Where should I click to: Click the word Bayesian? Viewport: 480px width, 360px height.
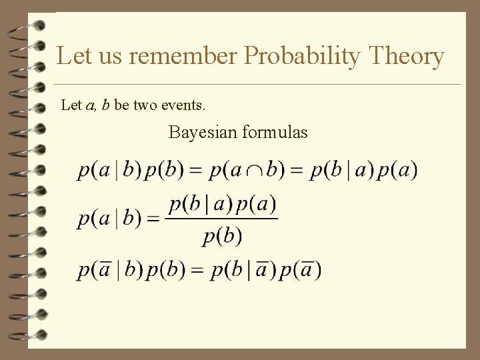(x=203, y=132)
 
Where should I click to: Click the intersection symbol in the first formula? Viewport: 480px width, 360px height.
(x=253, y=171)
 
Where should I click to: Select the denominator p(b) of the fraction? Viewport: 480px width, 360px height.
(x=222, y=235)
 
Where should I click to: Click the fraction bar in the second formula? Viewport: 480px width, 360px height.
(x=222, y=219)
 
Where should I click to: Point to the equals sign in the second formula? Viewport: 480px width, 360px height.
(x=153, y=219)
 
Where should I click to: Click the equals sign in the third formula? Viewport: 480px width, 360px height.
(x=197, y=270)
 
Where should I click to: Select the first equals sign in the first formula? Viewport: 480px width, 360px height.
(x=196, y=171)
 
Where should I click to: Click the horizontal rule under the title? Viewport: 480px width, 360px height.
(x=257, y=85)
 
